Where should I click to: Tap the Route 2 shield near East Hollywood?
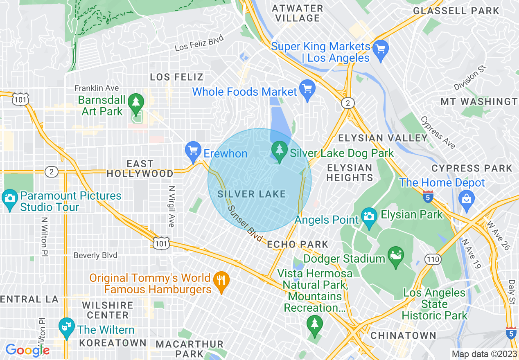tap(51, 172)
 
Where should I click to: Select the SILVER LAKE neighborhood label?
tap(251, 194)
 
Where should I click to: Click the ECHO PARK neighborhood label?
tap(298, 245)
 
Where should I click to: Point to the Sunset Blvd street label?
tap(245, 223)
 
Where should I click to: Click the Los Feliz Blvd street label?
tap(199, 43)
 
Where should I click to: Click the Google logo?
tap(27, 350)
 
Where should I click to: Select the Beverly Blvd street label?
tap(95, 255)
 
